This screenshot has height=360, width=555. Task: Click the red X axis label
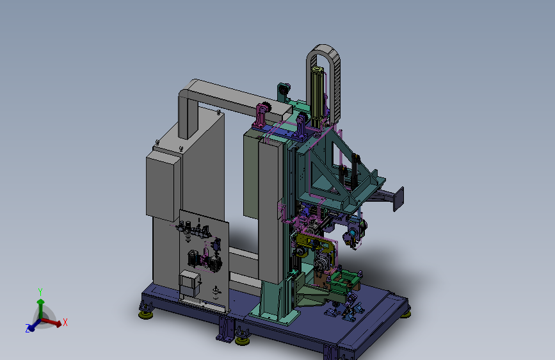[x=65, y=322]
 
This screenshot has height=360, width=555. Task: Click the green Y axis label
[x=40, y=292]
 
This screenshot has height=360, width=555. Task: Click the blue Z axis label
[x=28, y=328]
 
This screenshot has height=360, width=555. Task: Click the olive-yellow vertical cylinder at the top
[x=317, y=95]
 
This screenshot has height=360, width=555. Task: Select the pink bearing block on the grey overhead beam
[x=262, y=115]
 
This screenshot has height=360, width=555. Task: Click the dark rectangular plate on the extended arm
[x=399, y=199]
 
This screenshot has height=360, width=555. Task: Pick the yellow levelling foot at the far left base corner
[x=145, y=315]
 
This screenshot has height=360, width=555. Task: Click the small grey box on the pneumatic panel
[x=189, y=284]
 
